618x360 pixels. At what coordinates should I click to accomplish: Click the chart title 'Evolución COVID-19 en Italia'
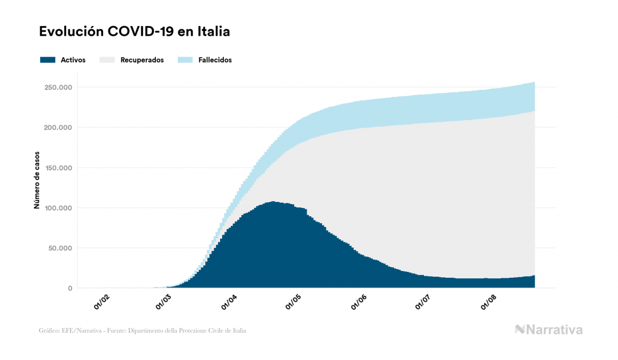pos(135,32)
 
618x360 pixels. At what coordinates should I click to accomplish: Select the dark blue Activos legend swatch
pos(48,60)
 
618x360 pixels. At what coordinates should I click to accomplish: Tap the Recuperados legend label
pos(142,60)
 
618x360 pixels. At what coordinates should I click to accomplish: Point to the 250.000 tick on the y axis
pos(58,87)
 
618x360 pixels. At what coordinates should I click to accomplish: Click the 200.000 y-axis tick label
pos(58,128)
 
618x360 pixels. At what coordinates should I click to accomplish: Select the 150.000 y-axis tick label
pos(58,168)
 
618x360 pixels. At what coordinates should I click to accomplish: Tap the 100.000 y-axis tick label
pos(58,208)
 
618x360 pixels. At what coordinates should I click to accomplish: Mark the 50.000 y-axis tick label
pos(60,248)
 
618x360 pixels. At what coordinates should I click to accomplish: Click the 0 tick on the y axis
pos(69,288)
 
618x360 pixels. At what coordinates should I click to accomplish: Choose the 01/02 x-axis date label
pos(101,302)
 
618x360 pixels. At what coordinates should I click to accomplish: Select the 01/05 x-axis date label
pos(294,302)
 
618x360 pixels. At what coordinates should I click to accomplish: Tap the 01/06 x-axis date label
pos(359,302)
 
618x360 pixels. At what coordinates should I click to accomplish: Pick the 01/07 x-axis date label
pos(423,302)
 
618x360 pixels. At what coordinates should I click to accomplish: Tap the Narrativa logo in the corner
pos(549,330)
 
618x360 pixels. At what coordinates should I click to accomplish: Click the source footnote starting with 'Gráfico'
pos(143,331)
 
